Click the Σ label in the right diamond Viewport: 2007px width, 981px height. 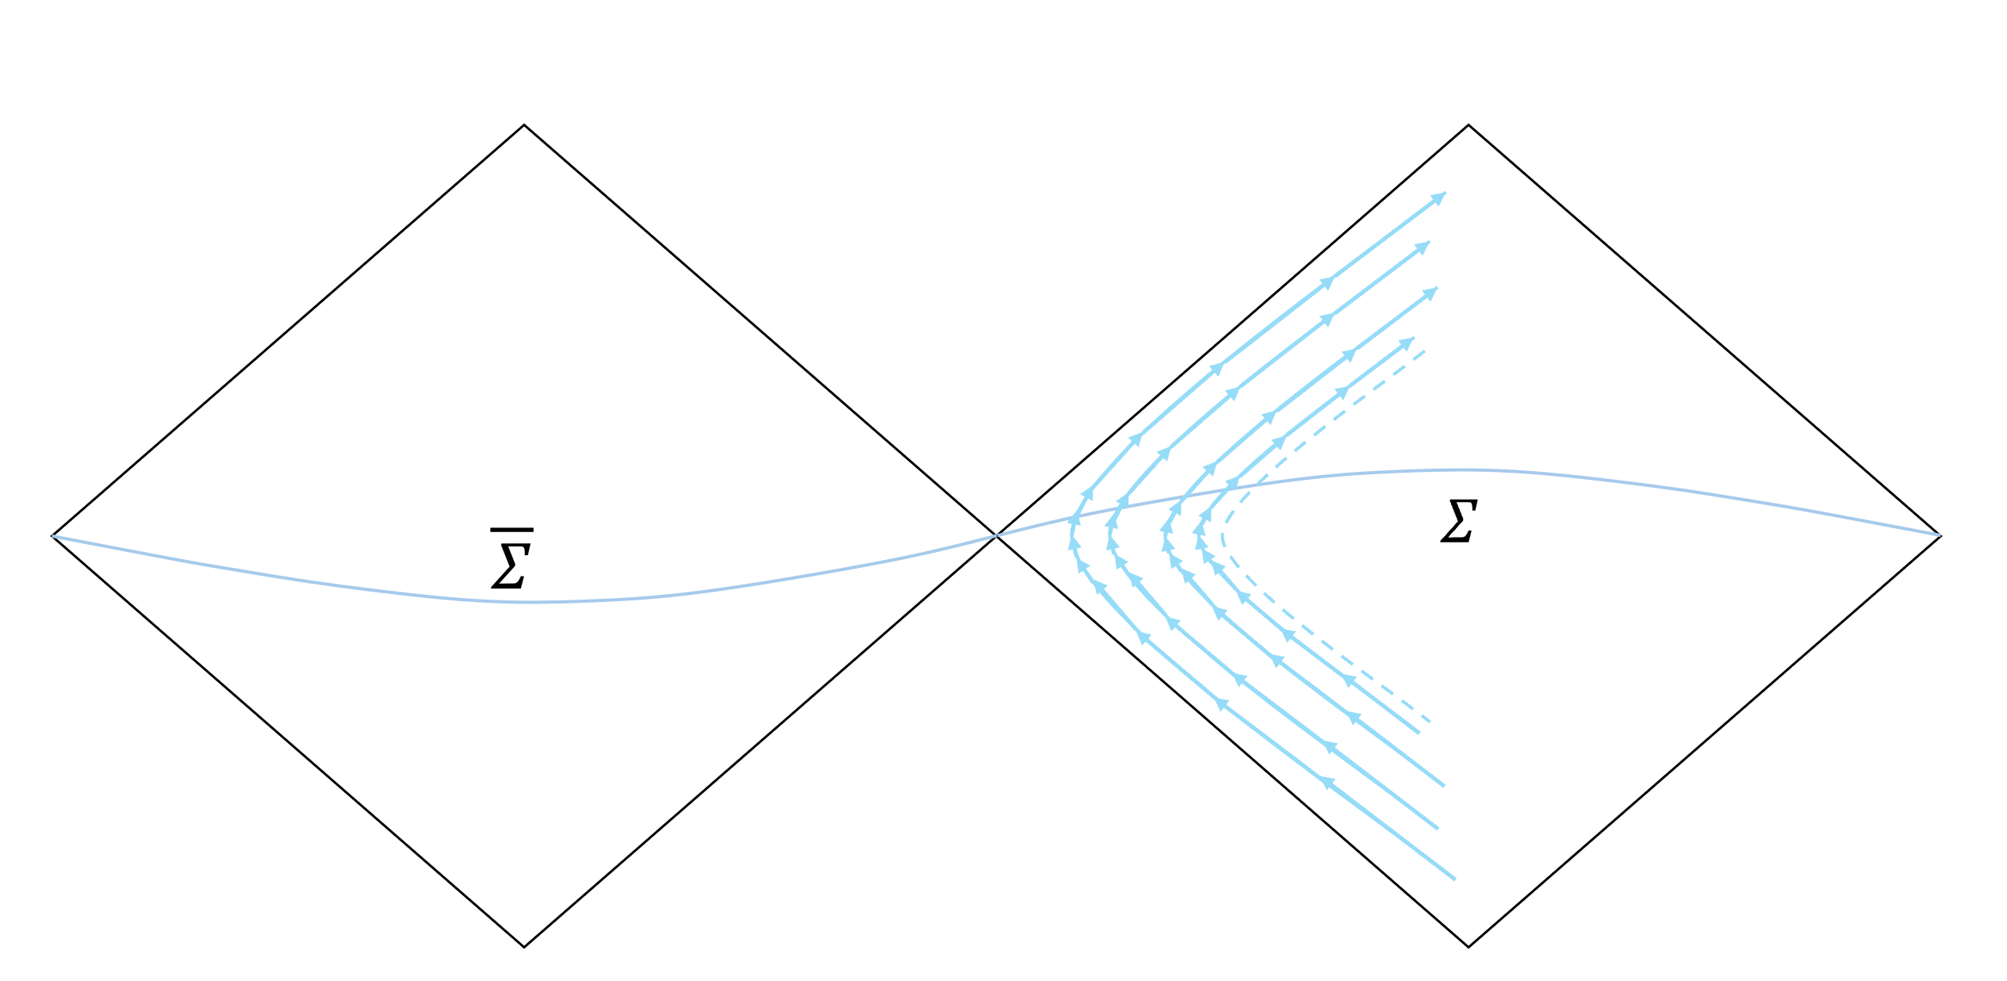click(1458, 520)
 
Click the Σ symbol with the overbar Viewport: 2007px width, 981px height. click(511, 565)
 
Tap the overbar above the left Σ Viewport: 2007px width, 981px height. click(511, 529)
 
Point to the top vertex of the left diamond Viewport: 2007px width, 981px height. click(524, 125)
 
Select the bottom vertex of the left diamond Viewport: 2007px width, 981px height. click(524, 946)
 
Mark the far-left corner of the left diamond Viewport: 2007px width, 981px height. click(52, 536)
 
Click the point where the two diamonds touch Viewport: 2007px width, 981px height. click(996, 536)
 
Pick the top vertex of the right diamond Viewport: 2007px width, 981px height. click(1469, 125)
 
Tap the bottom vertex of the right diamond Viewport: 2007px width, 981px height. click(1469, 946)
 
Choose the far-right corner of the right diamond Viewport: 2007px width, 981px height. click(1940, 536)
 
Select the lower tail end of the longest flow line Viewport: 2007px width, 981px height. click(1455, 879)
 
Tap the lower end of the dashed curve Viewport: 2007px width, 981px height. click(1430, 722)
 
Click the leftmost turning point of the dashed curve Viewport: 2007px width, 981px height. click(1224, 536)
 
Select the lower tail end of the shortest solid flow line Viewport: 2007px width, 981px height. click(1419, 733)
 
